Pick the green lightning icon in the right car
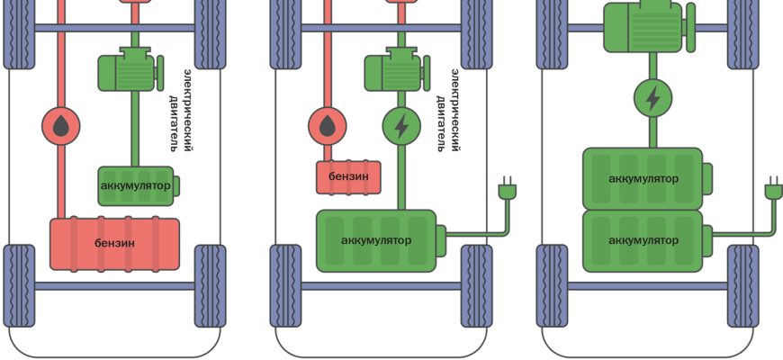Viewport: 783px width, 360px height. (x=652, y=95)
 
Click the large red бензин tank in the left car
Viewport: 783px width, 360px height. (x=114, y=243)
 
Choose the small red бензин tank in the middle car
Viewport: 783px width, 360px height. (x=348, y=176)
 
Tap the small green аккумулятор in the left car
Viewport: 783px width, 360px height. (x=135, y=185)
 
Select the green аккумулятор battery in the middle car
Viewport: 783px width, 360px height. (x=376, y=240)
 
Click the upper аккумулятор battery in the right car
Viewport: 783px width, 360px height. (x=643, y=178)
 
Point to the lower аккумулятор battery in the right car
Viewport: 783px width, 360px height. (x=643, y=240)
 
